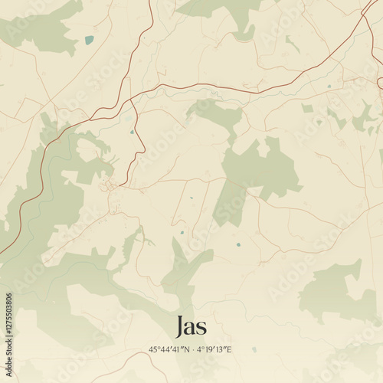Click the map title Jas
pyautogui.click(x=191, y=326)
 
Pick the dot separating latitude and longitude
pyautogui.click(x=191, y=350)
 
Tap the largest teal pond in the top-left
pyautogui.click(x=90, y=40)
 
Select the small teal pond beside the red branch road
pyautogui.click(x=132, y=132)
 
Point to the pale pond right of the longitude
pyautogui.click(x=254, y=350)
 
